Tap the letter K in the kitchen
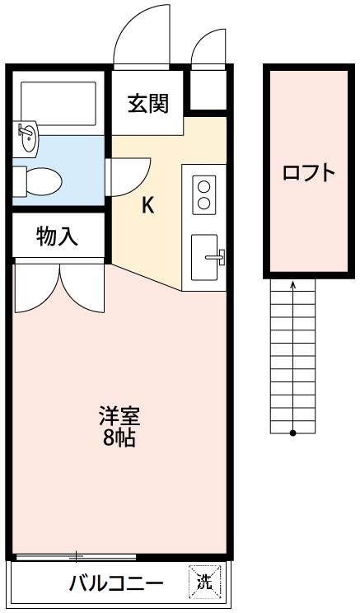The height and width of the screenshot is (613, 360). coord(147,205)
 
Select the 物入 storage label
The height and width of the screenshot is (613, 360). coord(57,237)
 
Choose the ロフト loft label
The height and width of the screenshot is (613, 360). coord(309,173)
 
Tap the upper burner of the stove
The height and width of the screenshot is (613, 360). coord(203,185)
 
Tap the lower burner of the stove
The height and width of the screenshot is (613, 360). coord(203,203)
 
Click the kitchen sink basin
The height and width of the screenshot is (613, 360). coord(203,258)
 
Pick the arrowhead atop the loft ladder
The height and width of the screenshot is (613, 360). coord(293,286)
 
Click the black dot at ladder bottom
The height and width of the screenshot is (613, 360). coord(293,433)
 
